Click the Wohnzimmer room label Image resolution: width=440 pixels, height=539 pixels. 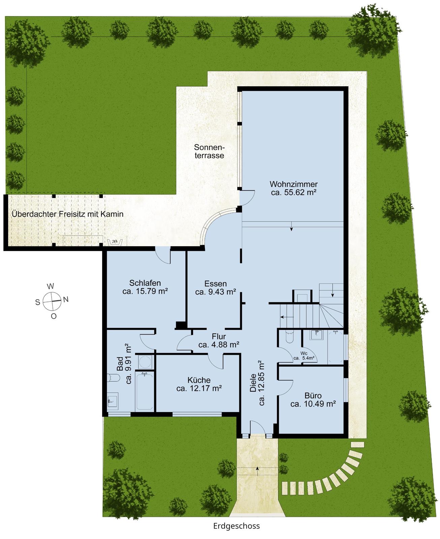[294, 188]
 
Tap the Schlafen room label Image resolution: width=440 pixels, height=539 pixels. [145, 287]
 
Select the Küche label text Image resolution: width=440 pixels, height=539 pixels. [199, 384]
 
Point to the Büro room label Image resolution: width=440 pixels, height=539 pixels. [313, 400]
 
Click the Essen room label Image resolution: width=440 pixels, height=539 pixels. [216, 287]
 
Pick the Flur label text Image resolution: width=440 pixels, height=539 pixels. [219, 341]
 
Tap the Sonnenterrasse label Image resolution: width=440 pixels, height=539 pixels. [210, 151]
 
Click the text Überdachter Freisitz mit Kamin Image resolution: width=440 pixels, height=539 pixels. [67, 214]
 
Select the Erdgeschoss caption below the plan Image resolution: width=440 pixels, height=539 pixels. [237, 526]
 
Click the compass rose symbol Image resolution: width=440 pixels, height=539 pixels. [52, 301]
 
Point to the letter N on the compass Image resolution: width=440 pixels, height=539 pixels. [66, 299]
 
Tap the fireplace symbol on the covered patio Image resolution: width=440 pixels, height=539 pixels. [115, 242]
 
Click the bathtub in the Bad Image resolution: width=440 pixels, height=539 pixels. [145, 391]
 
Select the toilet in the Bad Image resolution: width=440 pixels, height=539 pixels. [113, 378]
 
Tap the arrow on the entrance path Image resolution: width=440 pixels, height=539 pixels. [257, 471]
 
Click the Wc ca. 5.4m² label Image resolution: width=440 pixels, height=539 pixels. [304, 355]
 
